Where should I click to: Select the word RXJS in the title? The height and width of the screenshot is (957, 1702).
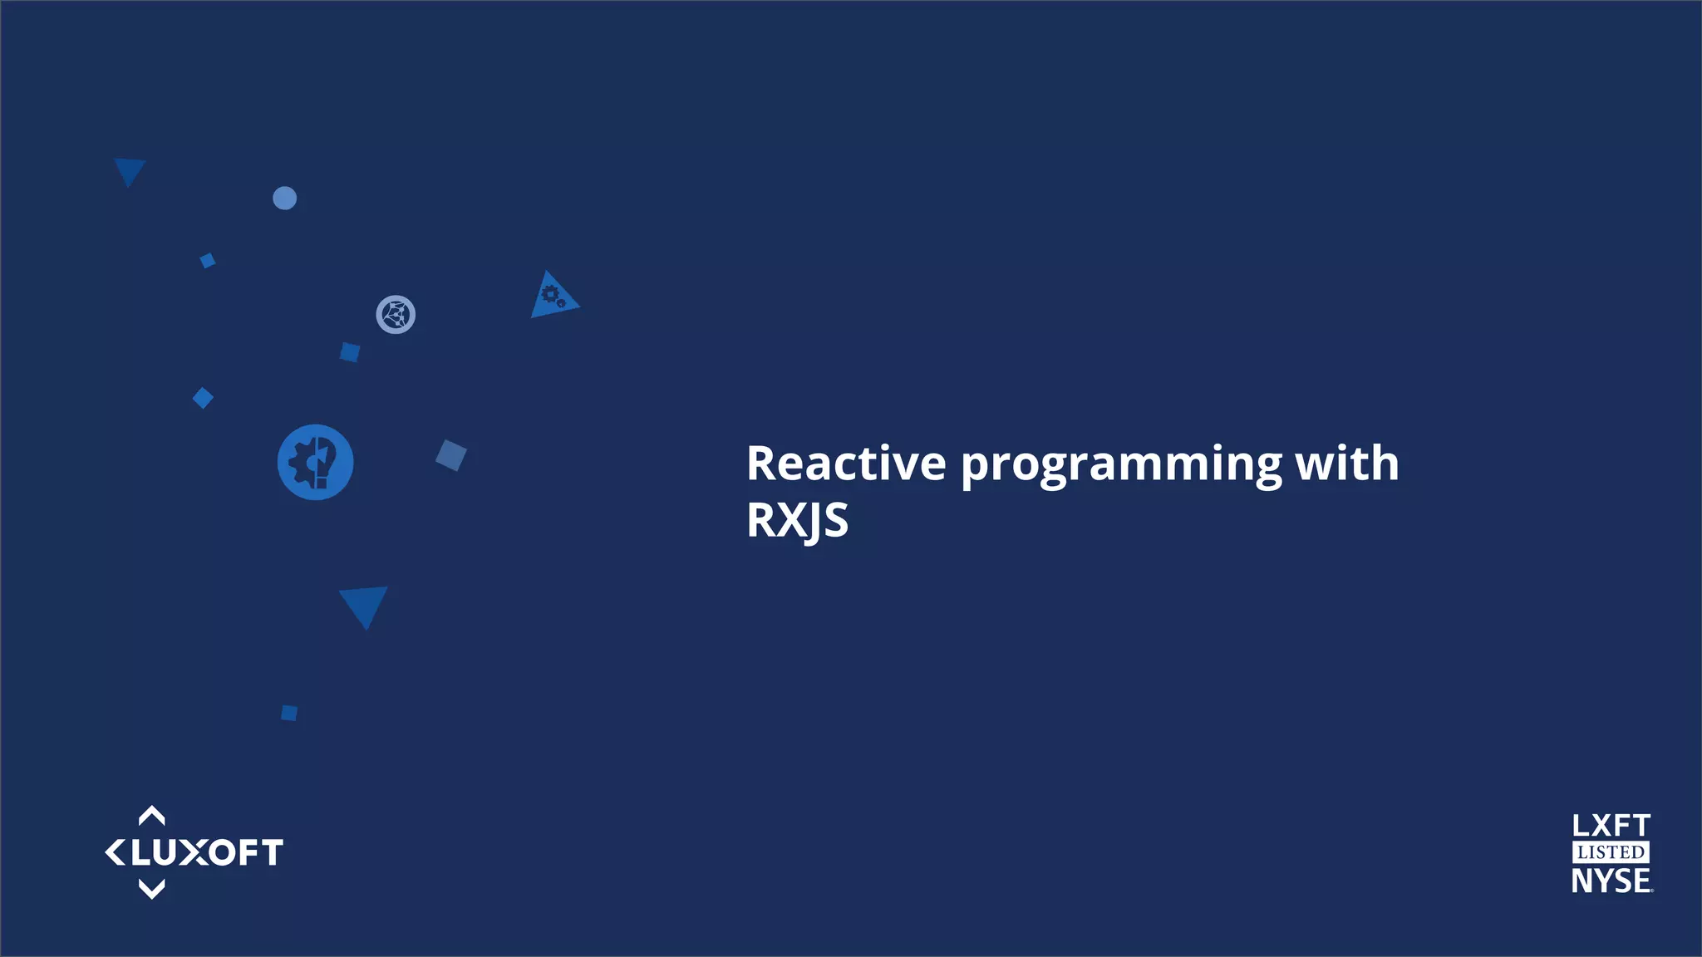pyautogui.click(x=797, y=521)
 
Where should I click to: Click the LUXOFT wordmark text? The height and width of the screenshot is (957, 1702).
pyautogui.click(x=207, y=853)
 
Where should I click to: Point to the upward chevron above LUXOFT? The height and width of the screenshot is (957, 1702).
pyautogui.click(x=151, y=816)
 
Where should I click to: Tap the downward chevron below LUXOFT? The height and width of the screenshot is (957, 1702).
pyautogui.click(x=151, y=890)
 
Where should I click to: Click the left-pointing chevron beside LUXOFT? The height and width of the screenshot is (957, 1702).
pyautogui.click(x=115, y=852)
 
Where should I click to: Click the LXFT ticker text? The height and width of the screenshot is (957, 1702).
pyautogui.click(x=1611, y=826)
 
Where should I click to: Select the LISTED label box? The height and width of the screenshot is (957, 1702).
pyautogui.click(x=1611, y=852)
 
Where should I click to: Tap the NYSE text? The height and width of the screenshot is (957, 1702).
pyautogui.click(x=1611, y=881)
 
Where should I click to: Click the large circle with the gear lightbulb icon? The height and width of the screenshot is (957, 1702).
pyautogui.click(x=315, y=462)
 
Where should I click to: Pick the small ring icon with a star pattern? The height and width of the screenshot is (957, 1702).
pyautogui.click(x=396, y=315)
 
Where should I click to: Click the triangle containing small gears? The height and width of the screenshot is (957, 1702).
pyautogui.click(x=553, y=297)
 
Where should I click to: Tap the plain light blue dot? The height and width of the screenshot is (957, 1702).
pyautogui.click(x=284, y=198)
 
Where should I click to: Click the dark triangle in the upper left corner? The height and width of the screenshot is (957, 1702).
pyautogui.click(x=129, y=169)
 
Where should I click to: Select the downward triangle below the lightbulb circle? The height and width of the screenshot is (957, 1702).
pyautogui.click(x=364, y=603)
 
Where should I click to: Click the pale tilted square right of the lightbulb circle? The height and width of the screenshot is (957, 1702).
pyautogui.click(x=451, y=455)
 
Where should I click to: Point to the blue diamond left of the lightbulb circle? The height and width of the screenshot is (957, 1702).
pyautogui.click(x=203, y=398)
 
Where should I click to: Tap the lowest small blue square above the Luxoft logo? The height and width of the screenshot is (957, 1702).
pyautogui.click(x=289, y=713)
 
